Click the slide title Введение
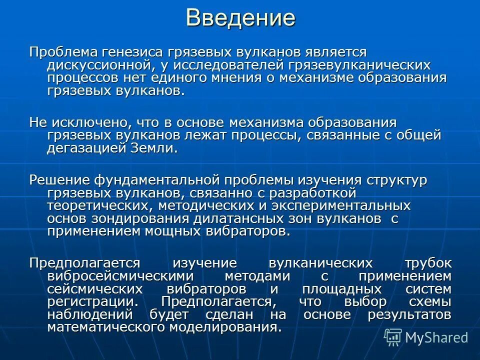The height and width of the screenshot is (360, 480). (x=240, y=18)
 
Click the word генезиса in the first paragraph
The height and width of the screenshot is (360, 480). (x=132, y=52)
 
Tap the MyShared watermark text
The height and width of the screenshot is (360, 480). (x=436, y=337)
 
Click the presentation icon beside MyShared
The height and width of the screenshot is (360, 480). (x=392, y=337)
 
